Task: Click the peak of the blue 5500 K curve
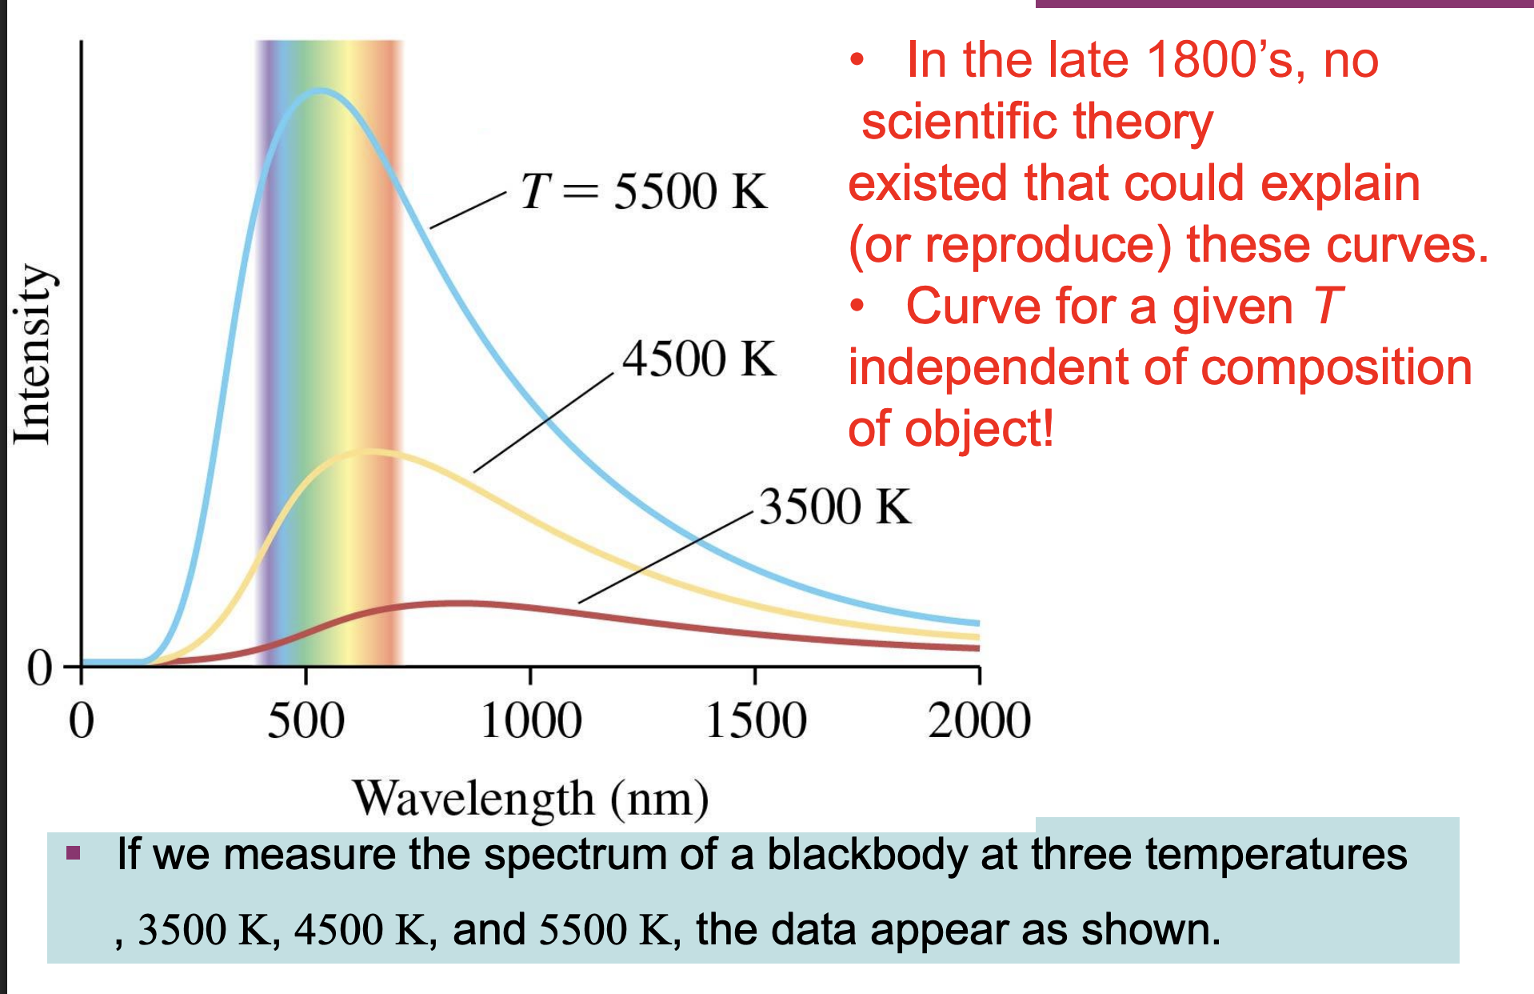pyautogui.click(x=320, y=91)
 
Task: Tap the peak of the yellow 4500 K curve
pyautogui.click(x=368, y=452)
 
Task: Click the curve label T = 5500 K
pyautogui.click(x=644, y=192)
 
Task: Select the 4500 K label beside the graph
pyautogui.click(x=699, y=359)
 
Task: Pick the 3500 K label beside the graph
pyautogui.click(x=834, y=507)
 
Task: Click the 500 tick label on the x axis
pyautogui.click(x=306, y=720)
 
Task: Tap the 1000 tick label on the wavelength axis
pyautogui.click(x=531, y=720)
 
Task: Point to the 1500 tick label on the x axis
pyautogui.click(x=756, y=720)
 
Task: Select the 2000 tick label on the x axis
pyautogui.click(x=979, y=720)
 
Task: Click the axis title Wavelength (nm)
pyautogui.click(x=531, y=799)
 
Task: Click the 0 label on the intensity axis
pyautogui.click(x=39, y=667)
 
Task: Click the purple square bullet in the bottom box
pyautogui.click(x=74, y=852)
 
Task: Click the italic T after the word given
pyautogui.click(x=1328, y=307)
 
